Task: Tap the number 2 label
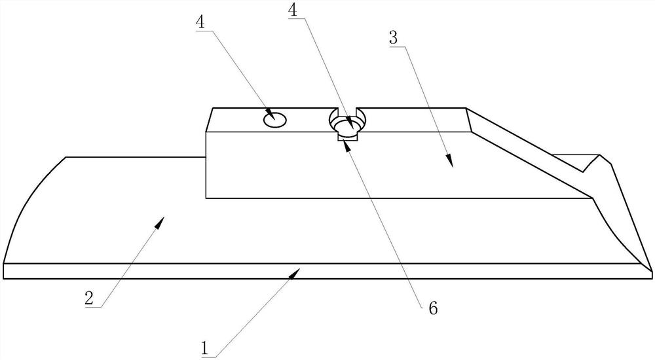90,298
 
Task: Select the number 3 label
394,38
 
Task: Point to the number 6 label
432,306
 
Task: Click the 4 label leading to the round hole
200,21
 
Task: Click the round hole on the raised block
275,119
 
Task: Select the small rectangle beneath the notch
347,136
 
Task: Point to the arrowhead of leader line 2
160,223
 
